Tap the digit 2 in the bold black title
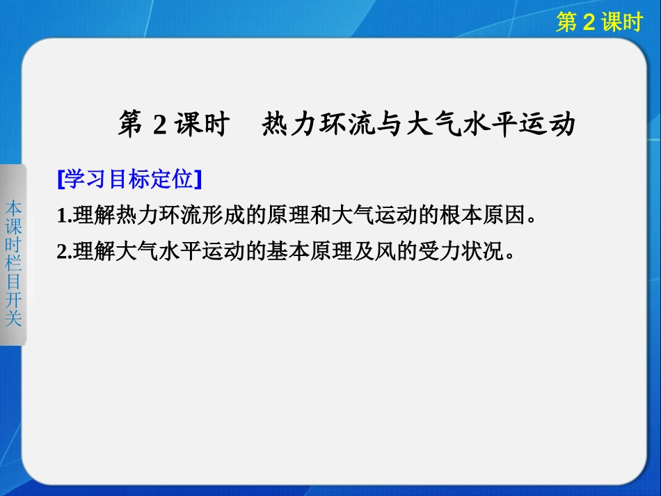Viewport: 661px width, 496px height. point(158,125)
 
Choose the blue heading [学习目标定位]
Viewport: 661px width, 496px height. point(129,179)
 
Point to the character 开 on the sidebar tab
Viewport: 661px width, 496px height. point(13,300)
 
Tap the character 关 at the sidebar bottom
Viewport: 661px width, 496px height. point(13,318)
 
